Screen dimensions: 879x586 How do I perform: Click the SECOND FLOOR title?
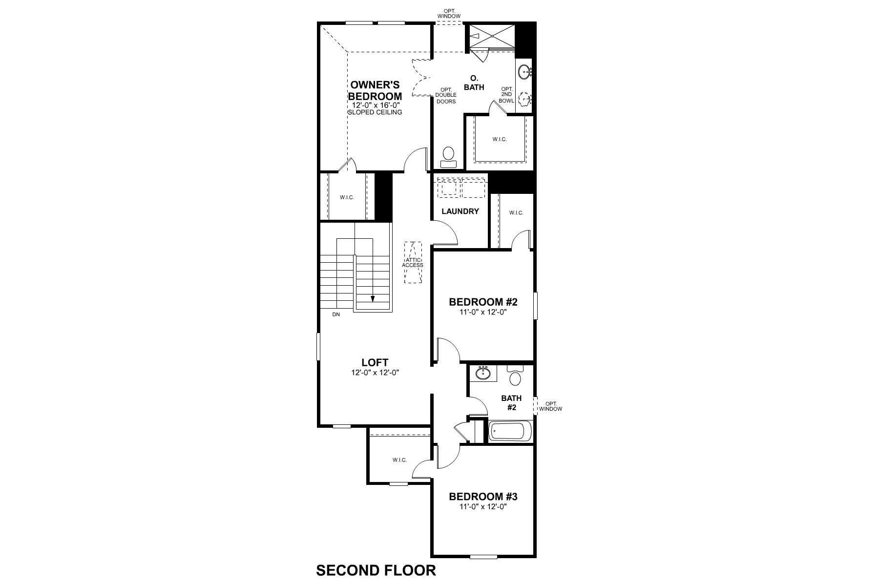[376, 570]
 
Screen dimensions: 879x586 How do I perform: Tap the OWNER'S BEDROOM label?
[375, 91]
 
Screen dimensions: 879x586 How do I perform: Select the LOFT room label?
[375, 362]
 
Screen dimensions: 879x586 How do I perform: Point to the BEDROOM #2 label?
[483, 302]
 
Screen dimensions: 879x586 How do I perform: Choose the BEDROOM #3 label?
[483, 497]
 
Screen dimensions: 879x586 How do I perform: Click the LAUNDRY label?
[460, 211]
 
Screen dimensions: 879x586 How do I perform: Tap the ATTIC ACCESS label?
[413, 262]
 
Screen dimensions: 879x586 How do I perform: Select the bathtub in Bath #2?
[510, 432]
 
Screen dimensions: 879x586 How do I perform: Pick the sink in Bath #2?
[483, 374]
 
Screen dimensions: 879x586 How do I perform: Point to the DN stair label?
[336, 314]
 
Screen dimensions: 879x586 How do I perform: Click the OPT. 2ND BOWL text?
[506, 95]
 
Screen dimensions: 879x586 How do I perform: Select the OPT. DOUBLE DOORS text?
[445, 95]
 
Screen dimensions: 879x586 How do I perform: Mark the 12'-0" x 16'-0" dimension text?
[375, 105]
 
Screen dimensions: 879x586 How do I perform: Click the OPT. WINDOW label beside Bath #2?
[551, 406]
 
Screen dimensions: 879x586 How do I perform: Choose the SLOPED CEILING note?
[375, 112]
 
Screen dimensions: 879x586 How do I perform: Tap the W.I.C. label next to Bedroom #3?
[399, 460]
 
